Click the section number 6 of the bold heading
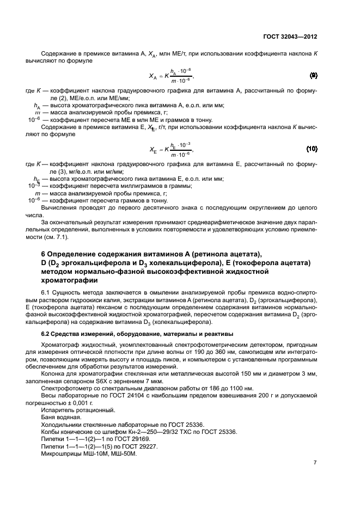click(44, 255)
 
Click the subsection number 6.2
click(47, 333)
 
